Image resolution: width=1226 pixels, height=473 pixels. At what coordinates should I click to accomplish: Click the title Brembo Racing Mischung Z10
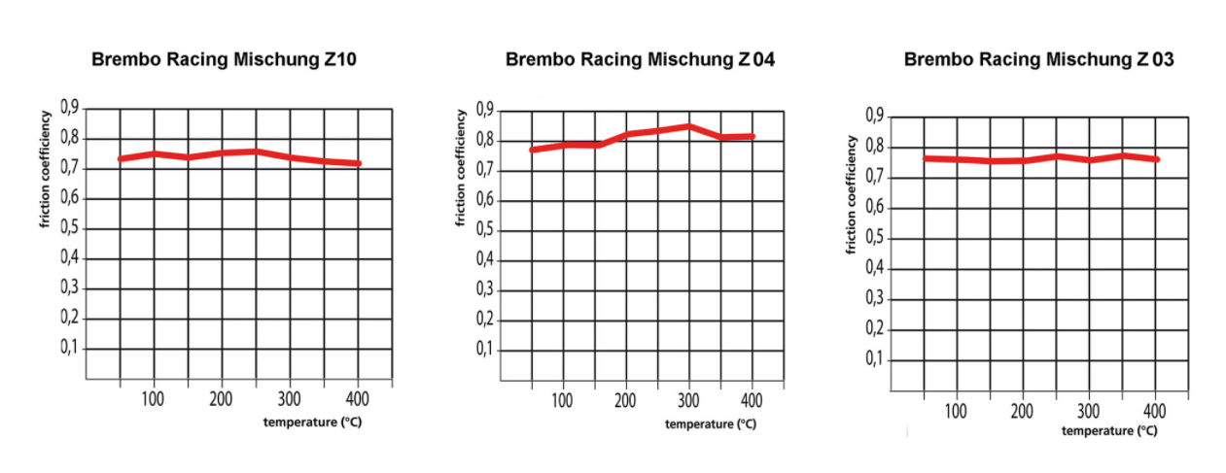(x=224, y=59)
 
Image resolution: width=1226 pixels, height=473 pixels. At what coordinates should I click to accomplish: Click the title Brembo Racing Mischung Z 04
(x=640, y=59)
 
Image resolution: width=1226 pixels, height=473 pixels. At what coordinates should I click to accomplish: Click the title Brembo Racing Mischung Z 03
(x=1038, y=59)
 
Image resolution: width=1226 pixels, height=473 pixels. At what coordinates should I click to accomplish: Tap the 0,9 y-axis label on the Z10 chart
(x=69, y=108)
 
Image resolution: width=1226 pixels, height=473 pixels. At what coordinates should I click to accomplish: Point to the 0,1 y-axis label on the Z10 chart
(x=69, y=348)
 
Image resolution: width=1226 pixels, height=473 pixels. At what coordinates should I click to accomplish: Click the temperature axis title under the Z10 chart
(x=311, y=422)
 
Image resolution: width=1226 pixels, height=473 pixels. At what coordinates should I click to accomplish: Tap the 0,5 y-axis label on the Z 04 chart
(x=483, y=230)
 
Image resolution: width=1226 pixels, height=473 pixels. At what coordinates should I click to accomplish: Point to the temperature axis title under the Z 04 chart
(x=710, y=423)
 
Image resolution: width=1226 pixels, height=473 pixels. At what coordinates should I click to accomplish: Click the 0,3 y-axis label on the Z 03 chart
(x=875, y=300)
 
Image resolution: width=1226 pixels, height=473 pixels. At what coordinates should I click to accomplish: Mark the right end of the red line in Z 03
(x=1157, y=159)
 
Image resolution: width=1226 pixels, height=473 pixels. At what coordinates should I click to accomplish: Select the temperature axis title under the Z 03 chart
(x=1108, y=429)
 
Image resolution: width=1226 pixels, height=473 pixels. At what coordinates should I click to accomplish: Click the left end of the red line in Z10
(x=121, y=158)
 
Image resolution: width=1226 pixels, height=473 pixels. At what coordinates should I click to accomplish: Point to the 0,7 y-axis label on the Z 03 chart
(x=875, y=178)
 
